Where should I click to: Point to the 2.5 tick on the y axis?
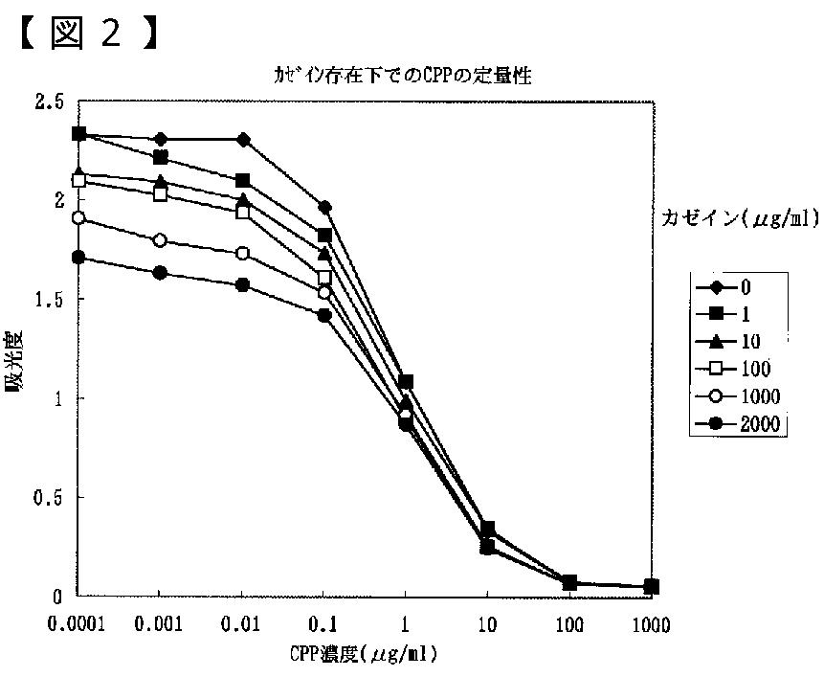click(50, 102)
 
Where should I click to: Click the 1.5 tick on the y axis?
click(50, 300)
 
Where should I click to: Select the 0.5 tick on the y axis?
click(50, 498)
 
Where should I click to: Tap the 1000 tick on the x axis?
click(651, 626)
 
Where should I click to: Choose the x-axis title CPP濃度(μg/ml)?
click(363, 655)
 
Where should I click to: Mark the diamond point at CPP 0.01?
click(243, 140)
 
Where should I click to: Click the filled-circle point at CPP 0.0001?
click(78, 258)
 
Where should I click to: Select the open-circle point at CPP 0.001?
click(161, 239)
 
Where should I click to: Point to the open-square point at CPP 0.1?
click(324, 277)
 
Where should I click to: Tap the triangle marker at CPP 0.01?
click(243, 199)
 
